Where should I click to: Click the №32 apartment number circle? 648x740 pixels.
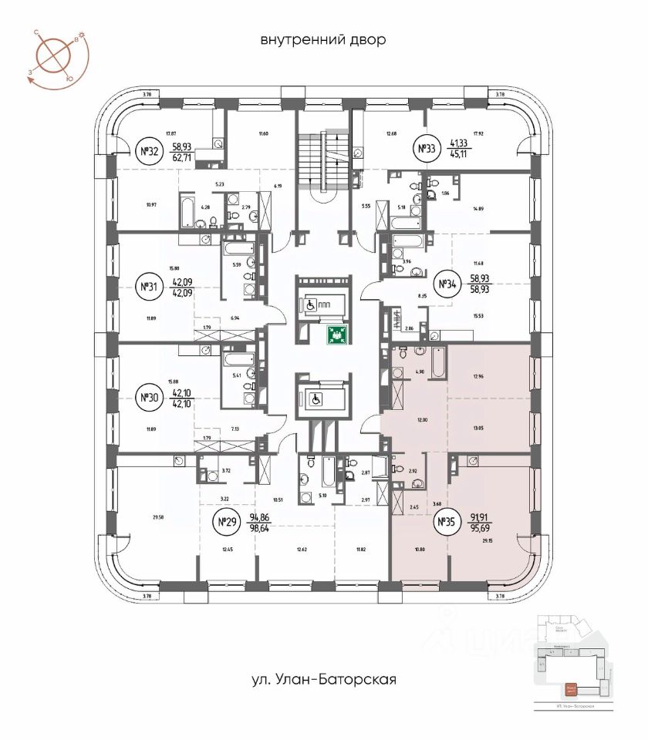(147, 151)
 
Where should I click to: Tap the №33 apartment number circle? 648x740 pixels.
(427, 149)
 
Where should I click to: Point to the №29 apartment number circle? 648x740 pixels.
(225, 524)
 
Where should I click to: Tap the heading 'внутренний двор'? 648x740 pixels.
(322, 39)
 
